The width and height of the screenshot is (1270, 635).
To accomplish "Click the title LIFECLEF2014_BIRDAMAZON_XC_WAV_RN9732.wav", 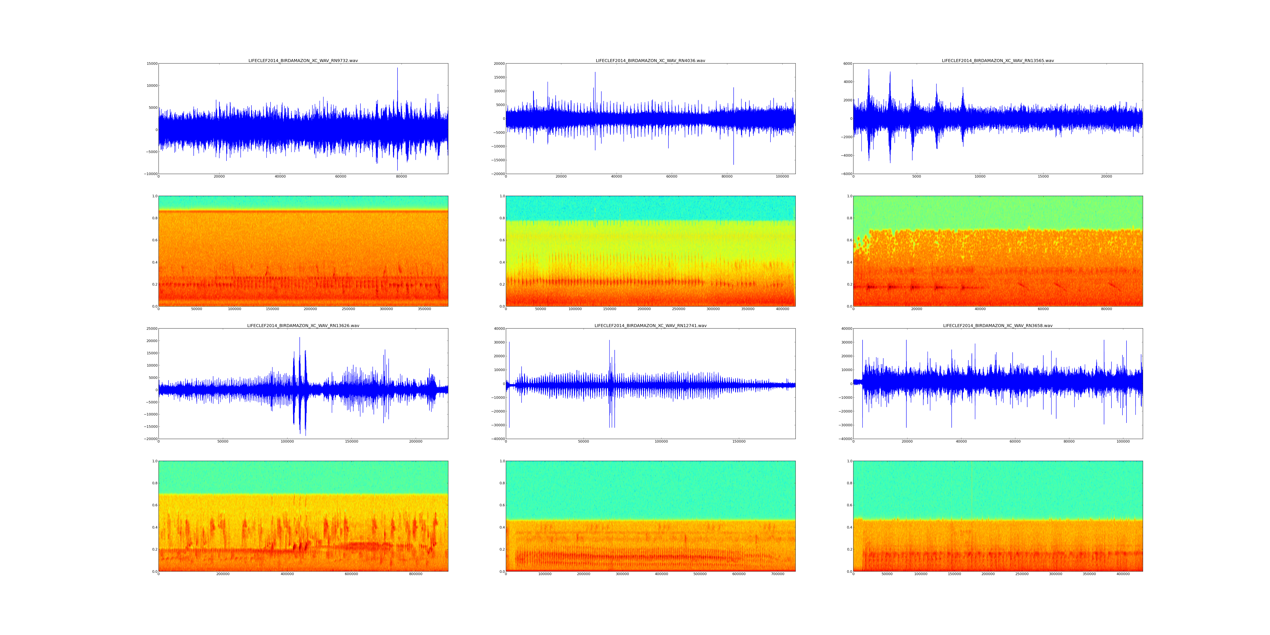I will click(303, 61).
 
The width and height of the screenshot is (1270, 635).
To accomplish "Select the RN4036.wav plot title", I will click(650, 61).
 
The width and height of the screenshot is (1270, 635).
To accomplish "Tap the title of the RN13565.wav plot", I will click(997, 61).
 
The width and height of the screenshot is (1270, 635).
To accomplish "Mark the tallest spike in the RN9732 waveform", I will click(397, 69).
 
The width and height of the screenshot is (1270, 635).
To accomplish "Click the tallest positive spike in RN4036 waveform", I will click(595, 73).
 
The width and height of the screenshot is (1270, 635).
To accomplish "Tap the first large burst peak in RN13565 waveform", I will click(869, 70).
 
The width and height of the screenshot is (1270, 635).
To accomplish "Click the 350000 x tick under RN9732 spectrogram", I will click(424, 309).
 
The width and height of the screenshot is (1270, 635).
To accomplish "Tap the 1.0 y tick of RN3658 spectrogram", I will click(849, 461).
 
